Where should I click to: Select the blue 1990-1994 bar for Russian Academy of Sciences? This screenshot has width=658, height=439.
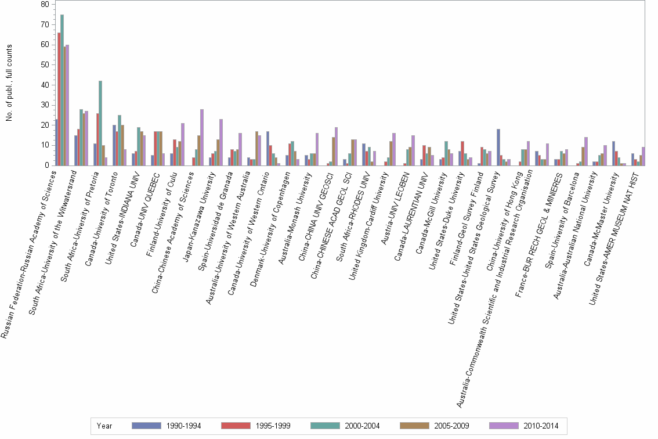(56, 142)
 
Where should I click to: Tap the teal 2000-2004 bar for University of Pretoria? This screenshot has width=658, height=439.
(100, 123)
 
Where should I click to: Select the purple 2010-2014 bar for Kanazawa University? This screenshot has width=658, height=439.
(221, 142)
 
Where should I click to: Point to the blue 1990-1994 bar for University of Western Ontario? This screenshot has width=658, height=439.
(267, 149)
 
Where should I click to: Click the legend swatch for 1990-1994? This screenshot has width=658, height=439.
(146, 426)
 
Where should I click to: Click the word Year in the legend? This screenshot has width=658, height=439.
(105, 426)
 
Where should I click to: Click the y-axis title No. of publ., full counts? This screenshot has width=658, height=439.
(9, 85)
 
